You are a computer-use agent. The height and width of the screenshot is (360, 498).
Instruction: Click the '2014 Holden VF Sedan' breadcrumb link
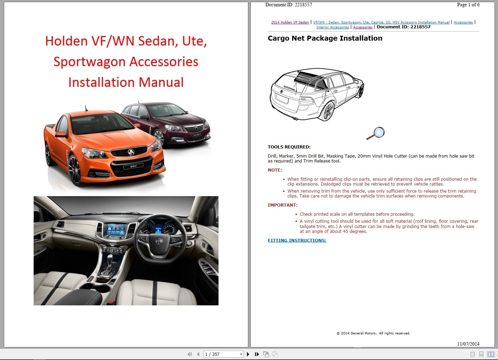(290, 22)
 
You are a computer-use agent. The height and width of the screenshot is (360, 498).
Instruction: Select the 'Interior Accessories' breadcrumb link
(332, 27)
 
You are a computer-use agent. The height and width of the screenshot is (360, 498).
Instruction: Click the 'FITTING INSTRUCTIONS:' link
(297, 241)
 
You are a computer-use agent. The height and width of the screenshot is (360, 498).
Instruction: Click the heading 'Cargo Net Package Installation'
(325, 39)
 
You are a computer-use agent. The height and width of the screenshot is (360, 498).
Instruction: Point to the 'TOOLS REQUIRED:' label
(289, 147)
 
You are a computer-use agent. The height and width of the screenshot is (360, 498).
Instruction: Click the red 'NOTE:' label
(275, 170)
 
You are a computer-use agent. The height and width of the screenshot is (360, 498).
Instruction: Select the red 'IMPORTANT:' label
(282, 205)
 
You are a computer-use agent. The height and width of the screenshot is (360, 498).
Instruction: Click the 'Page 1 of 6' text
(468, 5)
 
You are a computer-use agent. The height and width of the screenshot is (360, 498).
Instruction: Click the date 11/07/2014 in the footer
(468, 344)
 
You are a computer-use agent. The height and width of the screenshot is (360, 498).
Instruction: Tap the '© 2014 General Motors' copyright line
(373, 333)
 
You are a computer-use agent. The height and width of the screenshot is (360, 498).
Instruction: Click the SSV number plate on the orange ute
(133, 166)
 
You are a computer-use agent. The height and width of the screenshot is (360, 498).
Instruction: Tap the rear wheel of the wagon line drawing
(328, 111)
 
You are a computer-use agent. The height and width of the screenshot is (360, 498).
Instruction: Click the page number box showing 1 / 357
(223, 354)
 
